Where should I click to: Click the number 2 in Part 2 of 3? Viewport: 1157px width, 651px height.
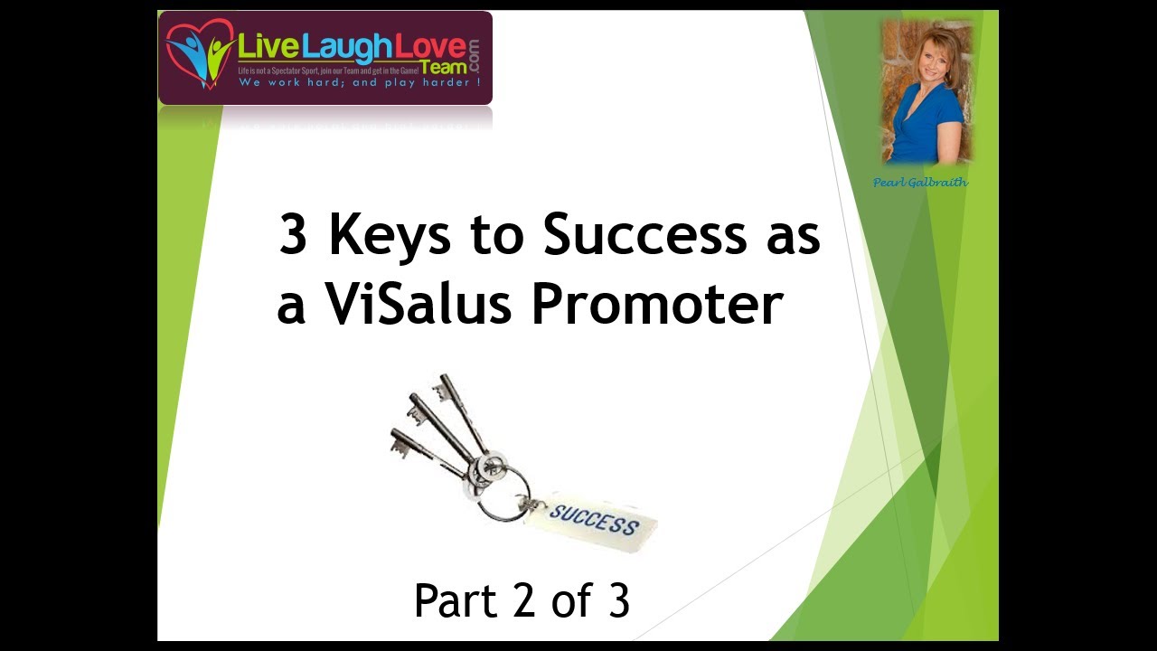(x=518, y=601)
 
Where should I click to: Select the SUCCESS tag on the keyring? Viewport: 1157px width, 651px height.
(x=593, y=519)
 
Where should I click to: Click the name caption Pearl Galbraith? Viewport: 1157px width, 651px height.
(x=920, y=183)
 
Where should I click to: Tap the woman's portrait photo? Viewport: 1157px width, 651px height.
(x=926, y=92)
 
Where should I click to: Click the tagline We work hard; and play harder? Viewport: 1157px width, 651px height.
(x=359, y=82)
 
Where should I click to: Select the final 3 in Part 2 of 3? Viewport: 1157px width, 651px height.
(x=618, y=601)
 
